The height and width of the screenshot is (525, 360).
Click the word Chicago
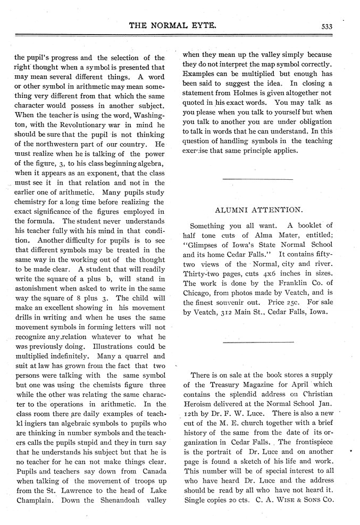click(198, 293)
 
